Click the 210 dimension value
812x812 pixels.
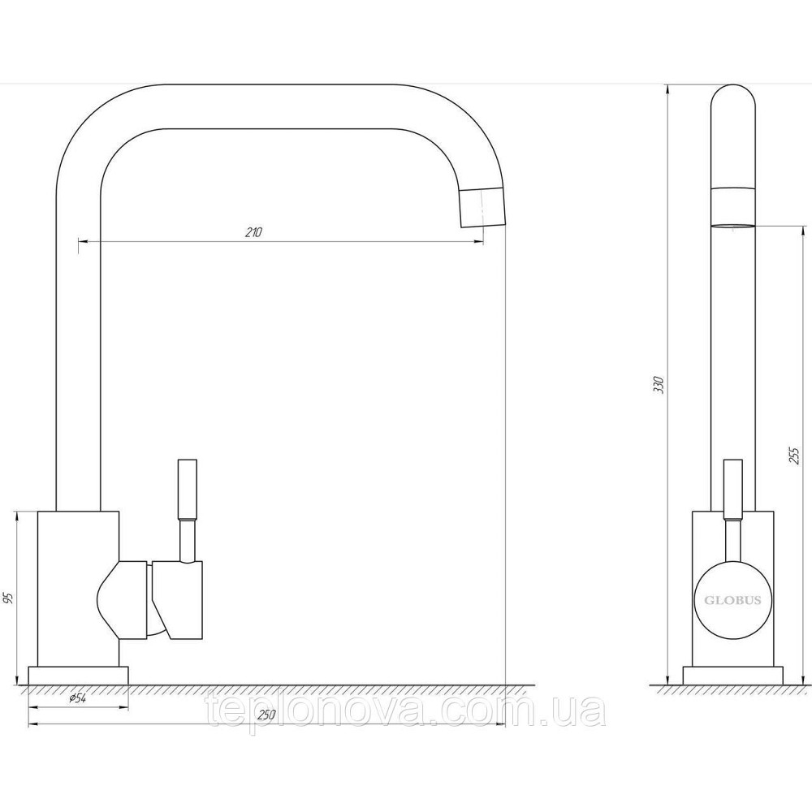pos(254,232)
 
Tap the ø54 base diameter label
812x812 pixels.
pos(77,698)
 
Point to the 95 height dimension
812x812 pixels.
pos(9,598)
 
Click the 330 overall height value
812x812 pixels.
pos(659,384)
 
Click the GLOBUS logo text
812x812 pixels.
pos(732,601)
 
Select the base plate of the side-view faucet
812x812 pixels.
pos(732,676)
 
